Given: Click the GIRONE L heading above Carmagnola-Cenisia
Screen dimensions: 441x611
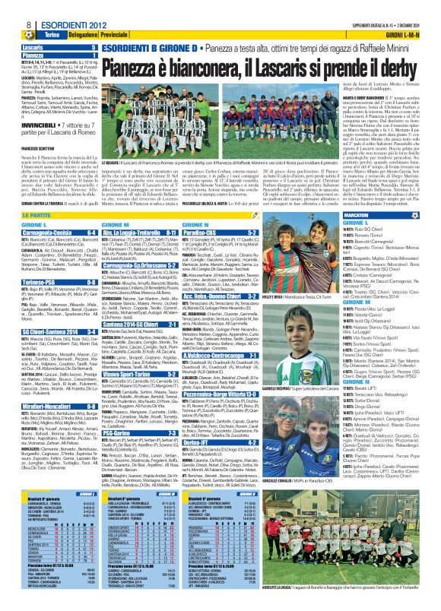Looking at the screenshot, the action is coord(33,204).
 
